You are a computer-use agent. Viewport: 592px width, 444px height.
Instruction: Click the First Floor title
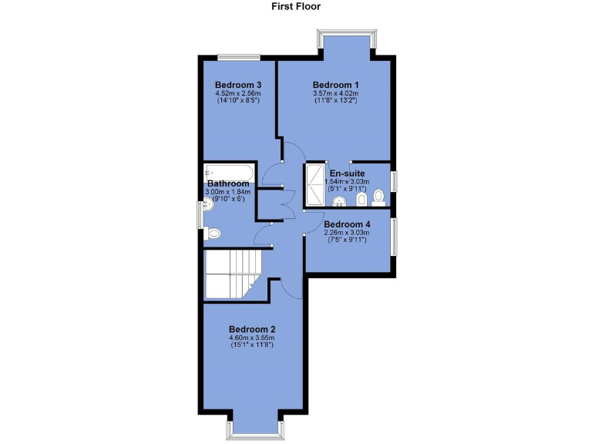click(x=295, y=7)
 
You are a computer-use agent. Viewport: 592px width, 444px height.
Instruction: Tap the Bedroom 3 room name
click(x=238, y=85)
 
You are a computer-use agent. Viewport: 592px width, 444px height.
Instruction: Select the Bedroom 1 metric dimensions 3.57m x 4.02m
click(x=336, y=95)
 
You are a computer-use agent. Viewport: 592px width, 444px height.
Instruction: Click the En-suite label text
click(x=347, y=173)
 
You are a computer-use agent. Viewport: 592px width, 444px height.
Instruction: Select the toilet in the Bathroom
click(x=214, y=233)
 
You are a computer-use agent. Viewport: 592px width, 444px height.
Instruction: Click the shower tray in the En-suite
click(x=316, y=186)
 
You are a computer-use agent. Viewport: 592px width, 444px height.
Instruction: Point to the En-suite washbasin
click(x=339, y=202)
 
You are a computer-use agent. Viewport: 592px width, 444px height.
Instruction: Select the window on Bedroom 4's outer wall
click(x=393, y=238)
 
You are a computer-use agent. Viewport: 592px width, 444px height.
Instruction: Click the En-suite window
click(x=393, y=180)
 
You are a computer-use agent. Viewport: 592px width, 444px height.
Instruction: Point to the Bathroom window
click(x=200, y=214)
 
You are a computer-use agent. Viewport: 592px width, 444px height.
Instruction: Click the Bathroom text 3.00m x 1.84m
click(x=227, y=192)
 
